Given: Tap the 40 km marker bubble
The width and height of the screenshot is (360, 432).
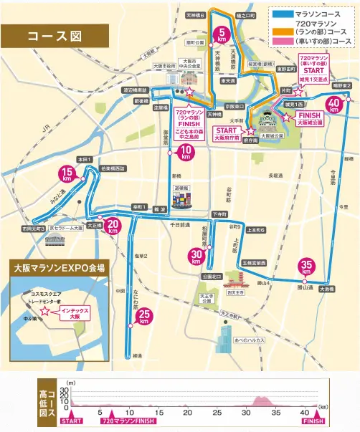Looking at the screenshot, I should point(333,104).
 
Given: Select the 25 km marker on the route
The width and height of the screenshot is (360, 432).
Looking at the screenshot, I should point(144,316).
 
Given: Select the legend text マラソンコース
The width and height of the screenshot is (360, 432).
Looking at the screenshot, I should point(322,13).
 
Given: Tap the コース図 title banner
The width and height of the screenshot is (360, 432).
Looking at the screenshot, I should point(54,36).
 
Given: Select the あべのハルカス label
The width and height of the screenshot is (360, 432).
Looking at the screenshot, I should point(250,340).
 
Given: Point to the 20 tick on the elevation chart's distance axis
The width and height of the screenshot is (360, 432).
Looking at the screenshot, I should point(186,413).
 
